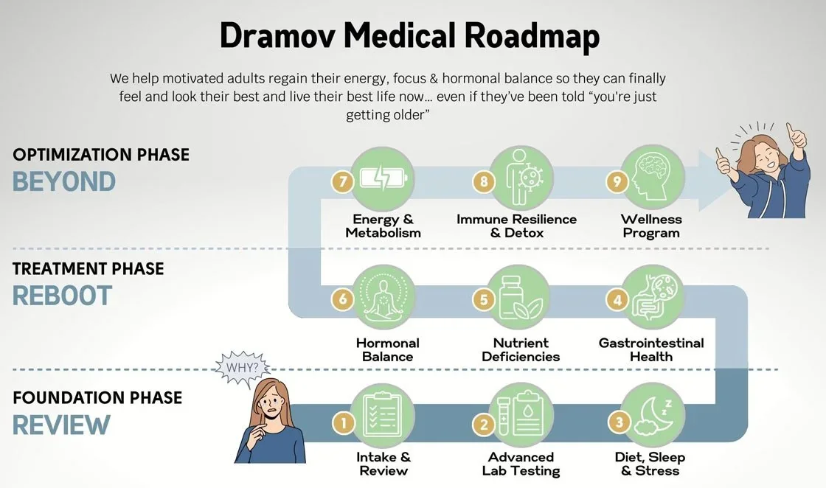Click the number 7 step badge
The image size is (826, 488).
(342, 181)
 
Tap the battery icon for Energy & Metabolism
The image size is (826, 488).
(383, 178)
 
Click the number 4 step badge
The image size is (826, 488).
(617, 300)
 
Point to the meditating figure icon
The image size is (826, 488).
(383, 298)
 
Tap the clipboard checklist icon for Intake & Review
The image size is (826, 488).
(383, 416)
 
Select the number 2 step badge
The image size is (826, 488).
(483, 424)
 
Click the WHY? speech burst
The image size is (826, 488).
(243, 368)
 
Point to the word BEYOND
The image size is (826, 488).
(63, 182)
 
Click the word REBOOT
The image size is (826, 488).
(62, 296)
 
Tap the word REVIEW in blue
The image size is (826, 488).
(61, 425)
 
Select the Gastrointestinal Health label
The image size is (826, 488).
(651, 349)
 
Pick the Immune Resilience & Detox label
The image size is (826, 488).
(517, 226)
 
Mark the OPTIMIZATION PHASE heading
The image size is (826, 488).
(101, 155)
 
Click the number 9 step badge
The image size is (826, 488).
(617, 181)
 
